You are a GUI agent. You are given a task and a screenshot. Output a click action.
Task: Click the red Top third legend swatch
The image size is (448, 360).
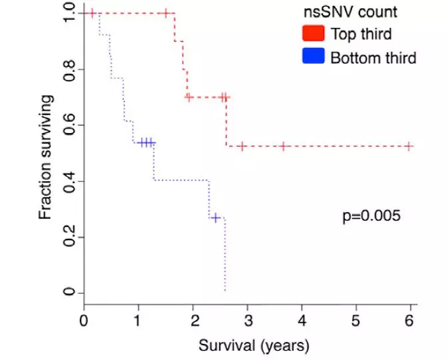(x=312, y=33)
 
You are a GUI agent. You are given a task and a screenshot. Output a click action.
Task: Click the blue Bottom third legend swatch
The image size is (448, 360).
(x=312, y=57)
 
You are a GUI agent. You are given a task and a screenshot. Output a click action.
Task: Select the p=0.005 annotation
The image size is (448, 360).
(x=371, y=216)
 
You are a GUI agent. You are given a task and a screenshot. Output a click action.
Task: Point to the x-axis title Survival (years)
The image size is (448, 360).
(x=253, y=346)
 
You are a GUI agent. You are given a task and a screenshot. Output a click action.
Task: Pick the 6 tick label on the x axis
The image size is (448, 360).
(x=410, y=320)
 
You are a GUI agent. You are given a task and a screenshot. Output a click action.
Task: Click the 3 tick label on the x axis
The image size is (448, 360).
(x=247, y=320)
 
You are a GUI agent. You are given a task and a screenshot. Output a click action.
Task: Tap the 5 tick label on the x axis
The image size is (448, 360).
(x=355, y=320)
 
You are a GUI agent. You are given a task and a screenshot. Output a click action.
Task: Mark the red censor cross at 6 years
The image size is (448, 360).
(x=409, y=146)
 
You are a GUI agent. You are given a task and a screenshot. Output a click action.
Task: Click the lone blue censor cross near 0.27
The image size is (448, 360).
(x=215, y=218)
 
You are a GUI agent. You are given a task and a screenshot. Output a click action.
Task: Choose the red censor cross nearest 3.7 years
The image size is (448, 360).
(x=284, y=146)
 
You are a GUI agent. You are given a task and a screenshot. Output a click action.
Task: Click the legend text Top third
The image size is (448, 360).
(x=361, y=34)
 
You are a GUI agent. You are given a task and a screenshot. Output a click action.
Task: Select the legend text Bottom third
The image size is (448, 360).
(x=373, y=58)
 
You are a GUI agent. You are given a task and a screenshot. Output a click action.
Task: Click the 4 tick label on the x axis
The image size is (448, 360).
(x=302, y=320)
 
